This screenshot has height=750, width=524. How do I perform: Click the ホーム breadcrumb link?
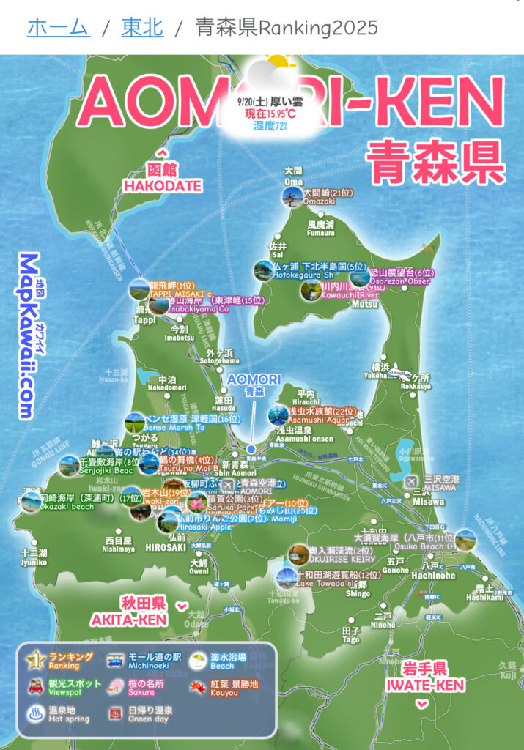coord(58,28)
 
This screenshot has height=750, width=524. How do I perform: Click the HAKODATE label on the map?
coord(162,185)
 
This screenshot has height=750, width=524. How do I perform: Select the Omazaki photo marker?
coord(292,197)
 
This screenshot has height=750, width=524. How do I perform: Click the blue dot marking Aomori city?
coord(251,448)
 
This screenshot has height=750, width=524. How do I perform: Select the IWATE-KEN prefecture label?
coord(432,686)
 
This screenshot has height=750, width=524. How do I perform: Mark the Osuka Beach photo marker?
coord(465,541)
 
